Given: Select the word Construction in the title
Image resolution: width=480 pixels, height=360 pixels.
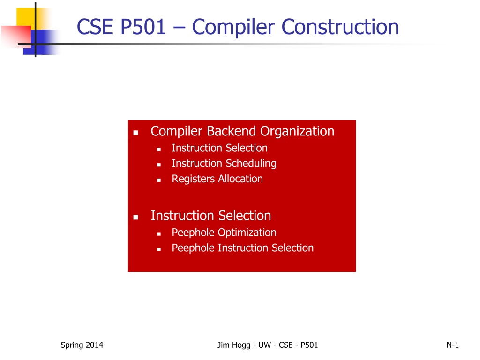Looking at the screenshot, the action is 340,27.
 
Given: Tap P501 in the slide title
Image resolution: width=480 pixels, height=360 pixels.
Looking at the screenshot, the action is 143,27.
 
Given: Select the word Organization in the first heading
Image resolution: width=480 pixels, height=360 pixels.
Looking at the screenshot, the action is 297,132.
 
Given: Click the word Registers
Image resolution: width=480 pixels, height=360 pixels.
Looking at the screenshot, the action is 193,179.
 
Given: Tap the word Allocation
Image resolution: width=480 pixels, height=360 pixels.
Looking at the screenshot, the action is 240,179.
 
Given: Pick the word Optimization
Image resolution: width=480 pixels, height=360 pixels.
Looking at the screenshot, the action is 247,232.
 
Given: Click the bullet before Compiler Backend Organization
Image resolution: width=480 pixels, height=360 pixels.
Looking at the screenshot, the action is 135,133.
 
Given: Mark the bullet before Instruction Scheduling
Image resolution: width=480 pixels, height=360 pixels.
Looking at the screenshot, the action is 159,165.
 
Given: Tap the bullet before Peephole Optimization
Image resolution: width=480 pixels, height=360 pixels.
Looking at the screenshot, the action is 159,234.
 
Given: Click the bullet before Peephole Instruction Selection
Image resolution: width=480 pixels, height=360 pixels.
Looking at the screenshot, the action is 159,249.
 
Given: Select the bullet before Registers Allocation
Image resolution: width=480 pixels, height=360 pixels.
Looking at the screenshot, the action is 159,180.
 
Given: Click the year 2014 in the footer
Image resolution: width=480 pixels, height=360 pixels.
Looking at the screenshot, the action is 94,345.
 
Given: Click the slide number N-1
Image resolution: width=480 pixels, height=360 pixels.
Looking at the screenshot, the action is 452,345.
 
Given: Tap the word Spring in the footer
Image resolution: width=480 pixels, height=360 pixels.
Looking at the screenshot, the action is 72,345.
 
